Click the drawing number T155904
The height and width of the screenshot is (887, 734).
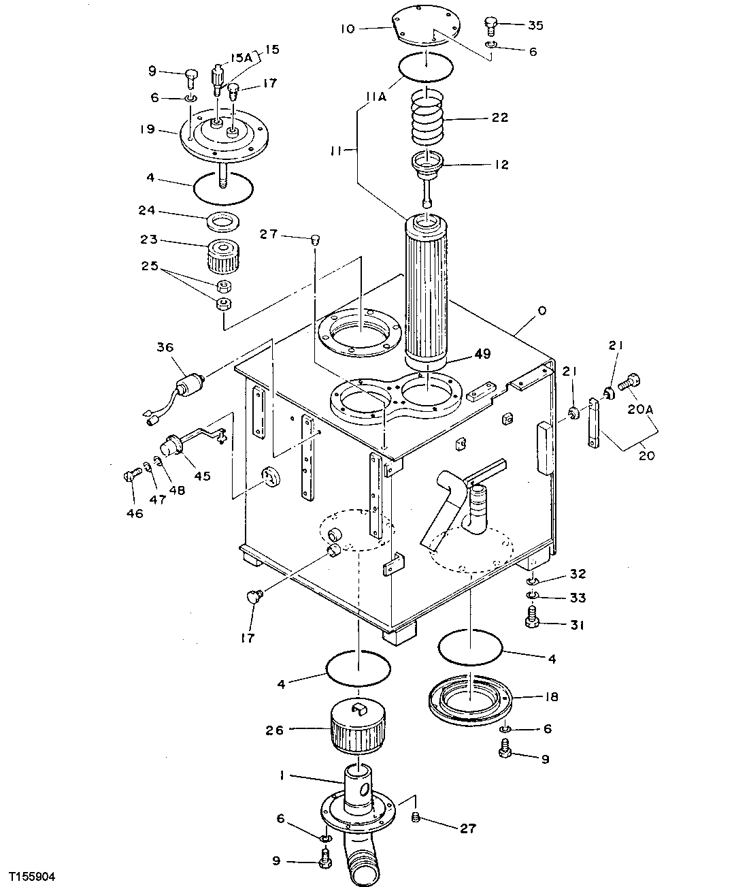[33, 873]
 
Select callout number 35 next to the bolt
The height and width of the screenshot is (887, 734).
[535, 26]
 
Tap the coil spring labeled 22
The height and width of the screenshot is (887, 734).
[425, 118]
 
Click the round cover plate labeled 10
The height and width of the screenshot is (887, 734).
[425, 27]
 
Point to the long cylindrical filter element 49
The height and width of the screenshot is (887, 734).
[426, 289]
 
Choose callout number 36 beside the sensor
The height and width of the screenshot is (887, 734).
[165, 347]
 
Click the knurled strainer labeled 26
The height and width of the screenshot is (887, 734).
[358, 729]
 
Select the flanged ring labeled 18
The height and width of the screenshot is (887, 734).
[469, 703]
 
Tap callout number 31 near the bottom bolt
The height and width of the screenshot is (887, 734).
[578, 625]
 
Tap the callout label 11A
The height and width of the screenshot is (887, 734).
[376, 97]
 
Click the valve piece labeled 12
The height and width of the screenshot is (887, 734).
[427, 165]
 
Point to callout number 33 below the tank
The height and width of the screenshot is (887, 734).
[578, 598]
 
